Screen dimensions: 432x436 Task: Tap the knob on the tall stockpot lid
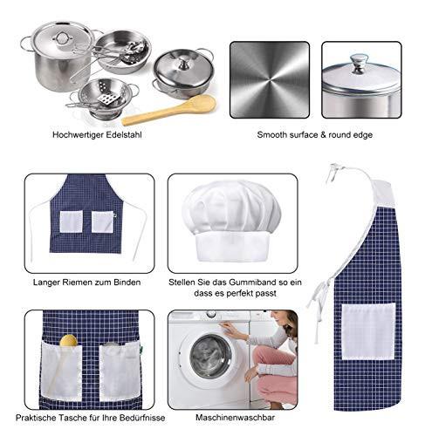click(x=62, y=37)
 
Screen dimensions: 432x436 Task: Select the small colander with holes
click(x=103, y=99)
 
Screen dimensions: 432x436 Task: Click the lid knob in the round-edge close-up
click(x=358, y=64)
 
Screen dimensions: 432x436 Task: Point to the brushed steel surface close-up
click(x=270, y=80)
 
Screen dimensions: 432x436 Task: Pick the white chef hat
click(x=231, y=221)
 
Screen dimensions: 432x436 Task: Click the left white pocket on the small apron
click(x=71, y=221)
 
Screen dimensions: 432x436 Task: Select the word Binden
click(x=127, y=283)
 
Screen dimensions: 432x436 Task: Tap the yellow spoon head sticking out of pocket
click(x=69, y=340)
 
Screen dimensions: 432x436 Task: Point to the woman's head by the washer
click(x=285, y=322)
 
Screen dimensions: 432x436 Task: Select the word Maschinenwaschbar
click(x=235, y=418)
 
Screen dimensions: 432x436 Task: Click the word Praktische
click(x=36, y=418)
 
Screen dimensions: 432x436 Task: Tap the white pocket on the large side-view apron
click(x=368, y=331)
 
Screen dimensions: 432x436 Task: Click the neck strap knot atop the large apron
click(x=334, y=168)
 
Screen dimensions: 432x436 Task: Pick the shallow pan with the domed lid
click(x=183, y=74)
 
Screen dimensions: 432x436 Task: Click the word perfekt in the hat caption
click(x=239, y=293)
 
